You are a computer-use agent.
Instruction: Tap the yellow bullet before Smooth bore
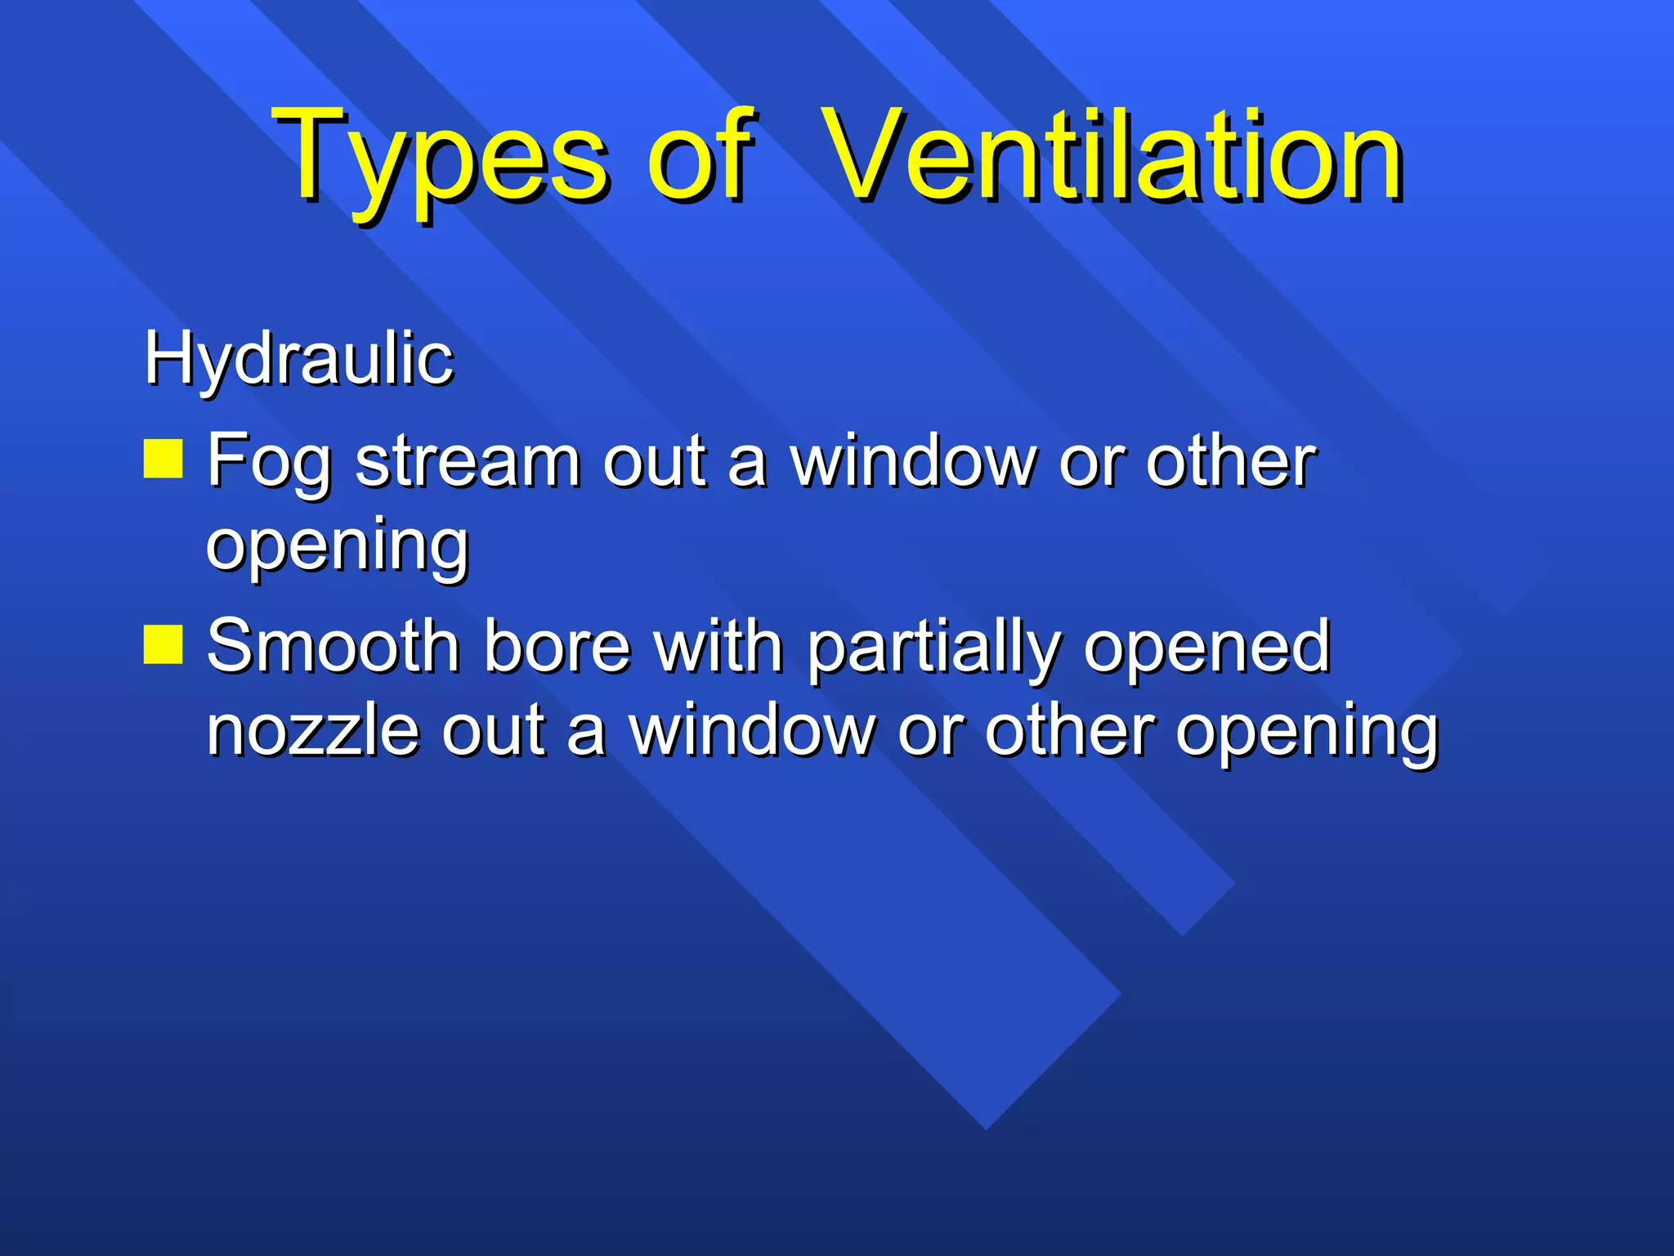[x=163, y=644]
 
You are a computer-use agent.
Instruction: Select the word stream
[x=468, y=461]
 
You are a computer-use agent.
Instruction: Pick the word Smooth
[x=333, y=646]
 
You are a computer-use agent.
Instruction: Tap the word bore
[x=557, y=646]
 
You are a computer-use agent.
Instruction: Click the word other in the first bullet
[x=1230, y=461]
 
